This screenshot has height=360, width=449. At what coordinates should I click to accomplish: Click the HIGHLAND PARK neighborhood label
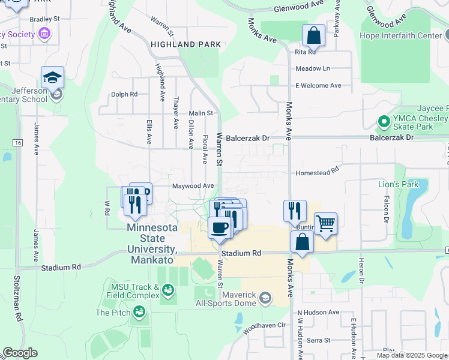[185, 44]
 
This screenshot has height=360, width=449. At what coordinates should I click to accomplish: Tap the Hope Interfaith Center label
[400, 35]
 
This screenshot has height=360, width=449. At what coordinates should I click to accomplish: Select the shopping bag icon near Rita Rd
[313, 35]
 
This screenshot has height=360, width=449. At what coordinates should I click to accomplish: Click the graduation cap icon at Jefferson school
[53, 78]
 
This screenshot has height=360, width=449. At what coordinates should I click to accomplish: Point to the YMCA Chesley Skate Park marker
[383, 122]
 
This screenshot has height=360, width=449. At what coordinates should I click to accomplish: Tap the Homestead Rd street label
[318, 173]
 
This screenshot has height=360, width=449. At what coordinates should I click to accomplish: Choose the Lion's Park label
[398, 184]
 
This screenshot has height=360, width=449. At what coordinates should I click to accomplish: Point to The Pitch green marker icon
[139, 312]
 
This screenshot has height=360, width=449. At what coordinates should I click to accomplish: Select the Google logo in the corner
[20, 353]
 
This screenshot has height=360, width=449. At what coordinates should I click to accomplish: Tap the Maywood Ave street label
[193, 186]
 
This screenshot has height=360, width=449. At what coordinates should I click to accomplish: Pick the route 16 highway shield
[17, 143]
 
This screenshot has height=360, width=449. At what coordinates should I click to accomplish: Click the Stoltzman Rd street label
[18, 296]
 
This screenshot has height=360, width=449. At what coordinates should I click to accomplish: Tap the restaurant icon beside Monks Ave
[295, 211]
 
